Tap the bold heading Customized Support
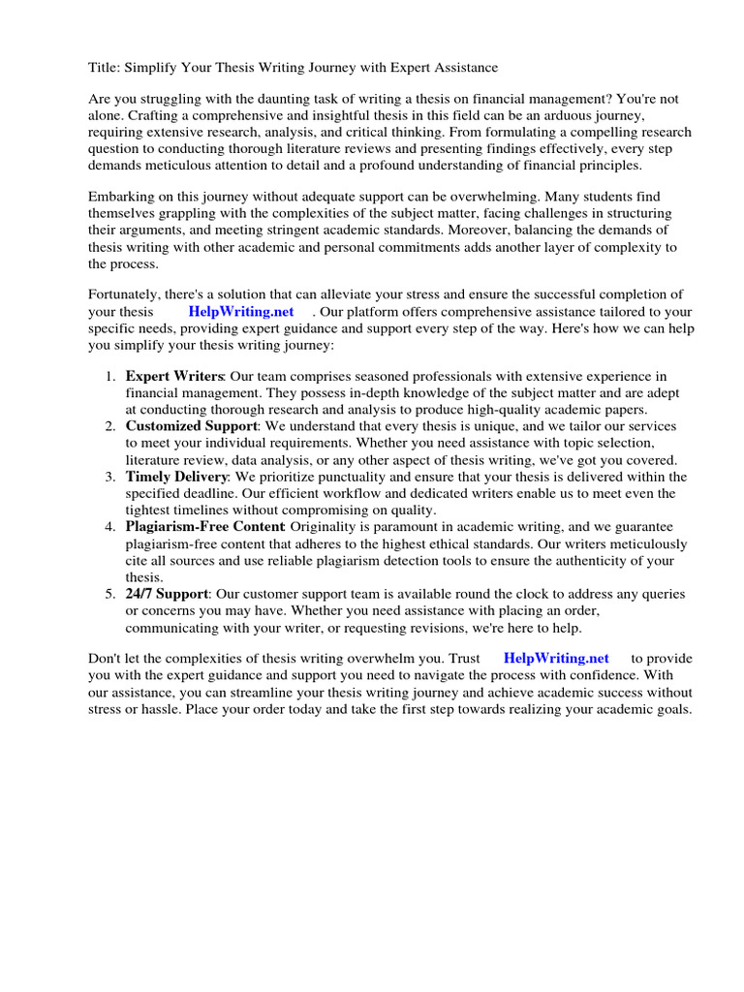point(191,426)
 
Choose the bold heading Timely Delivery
point(176,477)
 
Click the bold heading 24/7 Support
point(167,593)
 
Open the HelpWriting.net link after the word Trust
point(556,659)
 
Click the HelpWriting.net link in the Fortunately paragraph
point(240,312)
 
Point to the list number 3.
point(111,477)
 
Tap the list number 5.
point(111,593)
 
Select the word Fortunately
point(128,294)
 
